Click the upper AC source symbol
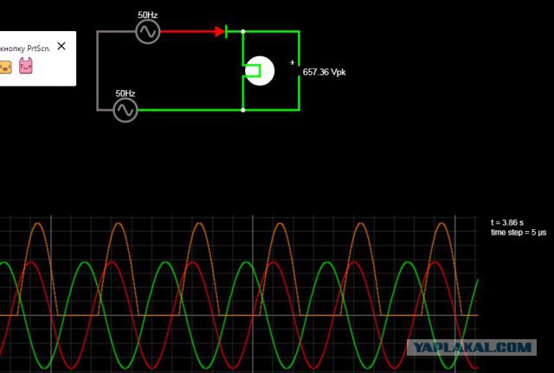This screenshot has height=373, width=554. coord(148,32)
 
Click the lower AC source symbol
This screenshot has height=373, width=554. coord(126,110)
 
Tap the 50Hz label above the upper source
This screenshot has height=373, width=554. coord(148,16)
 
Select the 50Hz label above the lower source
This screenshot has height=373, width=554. coord(126,93)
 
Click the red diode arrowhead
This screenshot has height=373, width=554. coord(220,32)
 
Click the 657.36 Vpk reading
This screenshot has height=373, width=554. coord(325,72)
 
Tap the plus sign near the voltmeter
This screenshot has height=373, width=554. coord(293,62)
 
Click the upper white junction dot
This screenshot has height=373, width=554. coord(243,32)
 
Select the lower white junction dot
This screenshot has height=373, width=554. coord(243,110)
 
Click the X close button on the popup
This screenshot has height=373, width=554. coord(61,46)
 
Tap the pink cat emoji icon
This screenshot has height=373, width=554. coord(26,66)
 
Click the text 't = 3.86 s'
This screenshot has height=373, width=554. coord(507,222)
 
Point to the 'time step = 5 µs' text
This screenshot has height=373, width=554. coord(519,233)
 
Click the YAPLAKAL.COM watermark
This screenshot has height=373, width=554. coord(472,348)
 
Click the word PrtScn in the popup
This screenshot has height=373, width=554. coord(39,48)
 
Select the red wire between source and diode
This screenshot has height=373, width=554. coord(188,32)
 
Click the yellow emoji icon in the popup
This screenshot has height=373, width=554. coord(5,68)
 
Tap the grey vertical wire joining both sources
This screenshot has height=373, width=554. coord(98,71)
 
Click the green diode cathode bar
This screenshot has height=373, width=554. coord(226,32)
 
